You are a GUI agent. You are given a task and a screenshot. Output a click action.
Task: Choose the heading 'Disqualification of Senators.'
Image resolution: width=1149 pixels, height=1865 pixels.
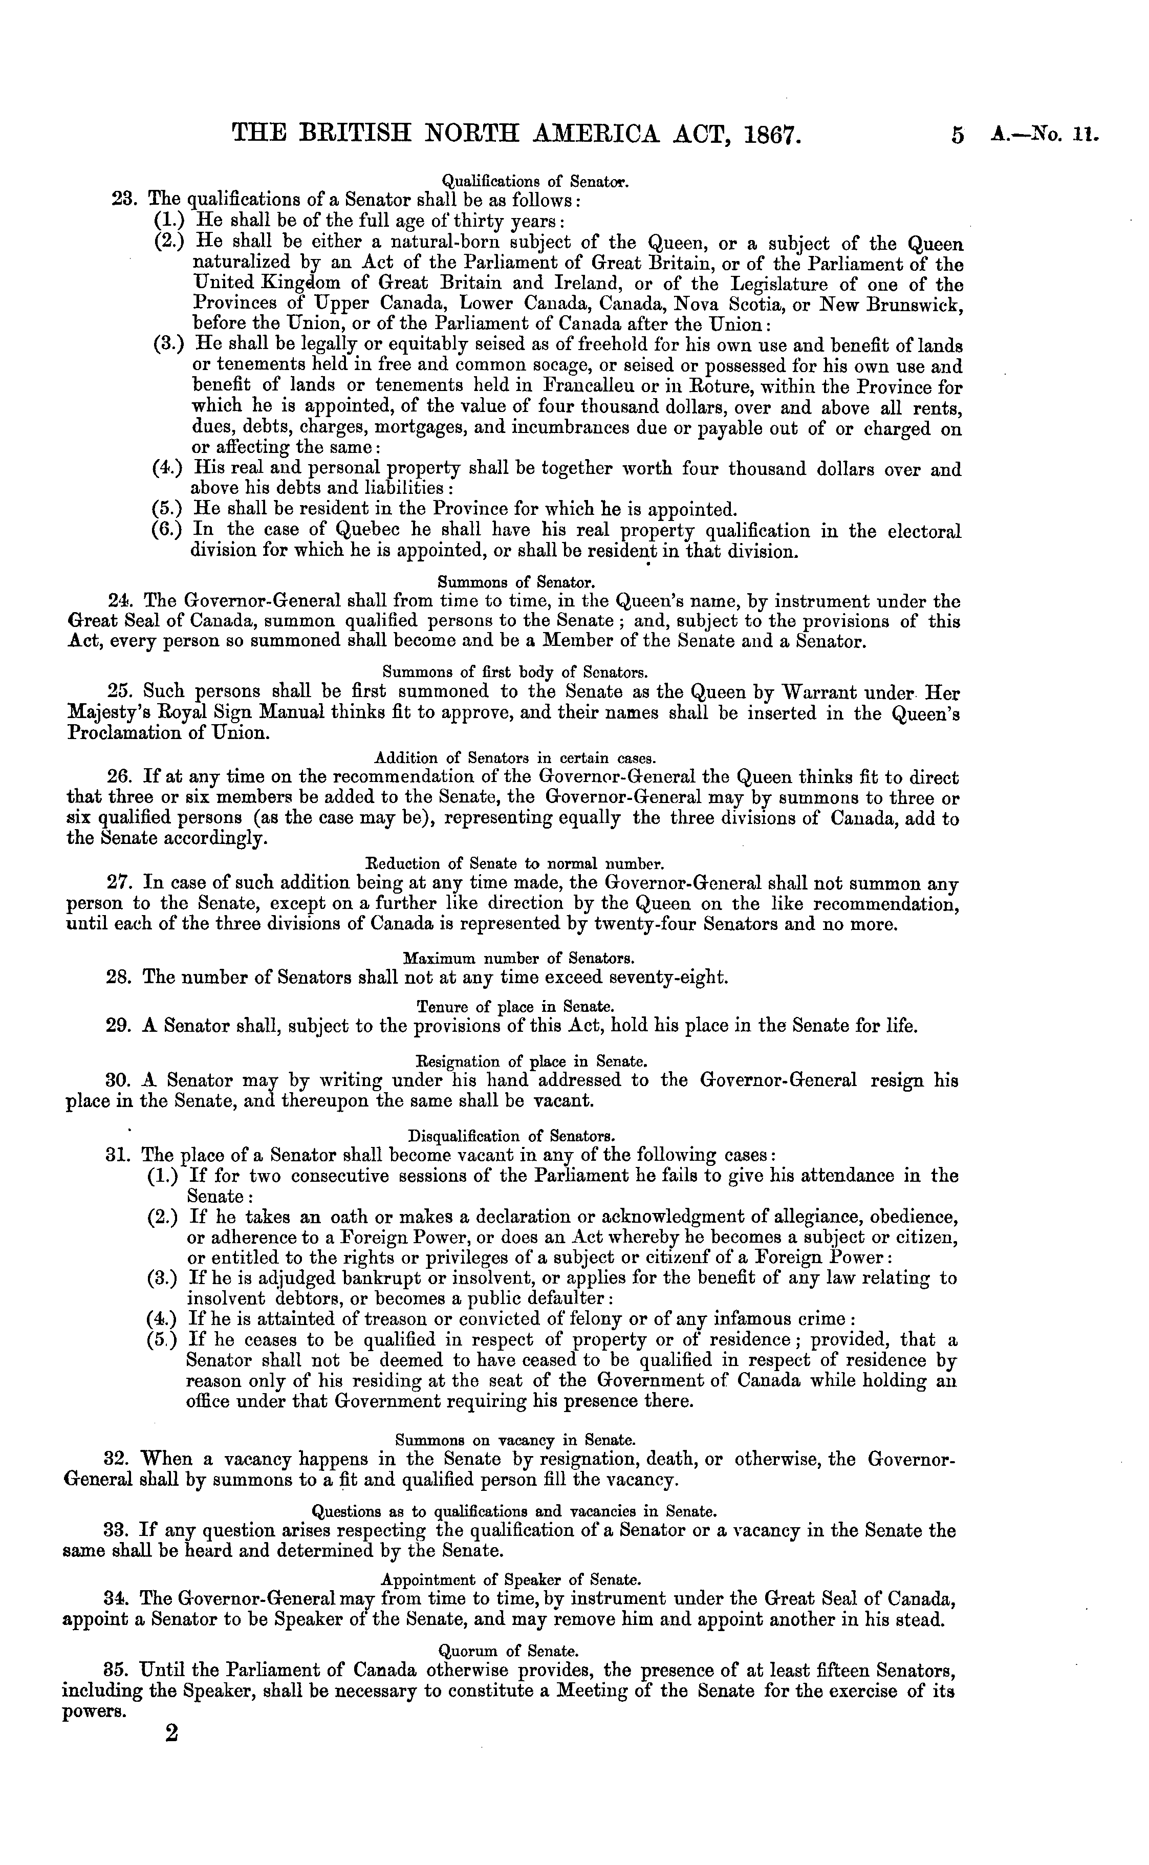point(511,1137)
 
